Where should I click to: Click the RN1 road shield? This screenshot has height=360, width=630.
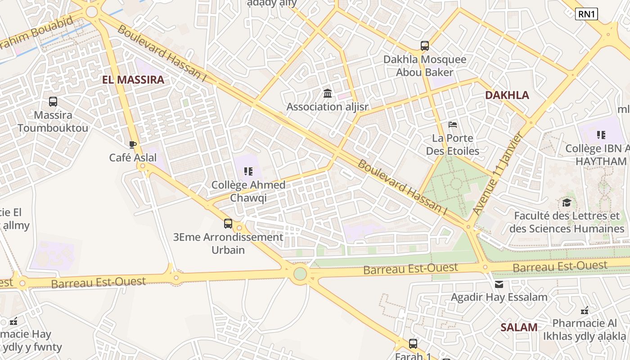586,14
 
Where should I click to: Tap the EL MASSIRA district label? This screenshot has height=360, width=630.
133,80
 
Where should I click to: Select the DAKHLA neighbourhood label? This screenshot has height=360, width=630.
507,95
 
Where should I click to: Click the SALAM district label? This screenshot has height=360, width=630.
519,327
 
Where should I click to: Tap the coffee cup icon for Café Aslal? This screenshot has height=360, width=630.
132,144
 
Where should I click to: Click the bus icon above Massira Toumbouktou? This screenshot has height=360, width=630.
53,102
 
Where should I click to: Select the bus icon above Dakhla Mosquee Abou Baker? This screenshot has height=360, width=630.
425,45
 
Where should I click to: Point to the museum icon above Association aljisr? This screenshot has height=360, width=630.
328,94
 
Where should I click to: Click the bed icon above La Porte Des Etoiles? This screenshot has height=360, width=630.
453,124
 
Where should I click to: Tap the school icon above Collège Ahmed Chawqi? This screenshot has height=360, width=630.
248,171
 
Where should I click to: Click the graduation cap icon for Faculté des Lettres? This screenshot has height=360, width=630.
567,202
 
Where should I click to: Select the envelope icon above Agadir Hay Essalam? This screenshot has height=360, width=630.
499,284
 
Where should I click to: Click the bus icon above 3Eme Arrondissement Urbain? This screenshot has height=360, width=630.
228,223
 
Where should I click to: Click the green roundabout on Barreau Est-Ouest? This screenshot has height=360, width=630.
300,273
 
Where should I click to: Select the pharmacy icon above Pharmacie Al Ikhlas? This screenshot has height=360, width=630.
585,310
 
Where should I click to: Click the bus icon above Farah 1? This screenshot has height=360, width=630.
413,344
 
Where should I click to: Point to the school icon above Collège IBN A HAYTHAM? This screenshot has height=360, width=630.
601,135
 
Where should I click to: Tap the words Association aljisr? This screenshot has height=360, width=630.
327,107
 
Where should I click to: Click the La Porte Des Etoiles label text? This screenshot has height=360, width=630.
453,144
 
